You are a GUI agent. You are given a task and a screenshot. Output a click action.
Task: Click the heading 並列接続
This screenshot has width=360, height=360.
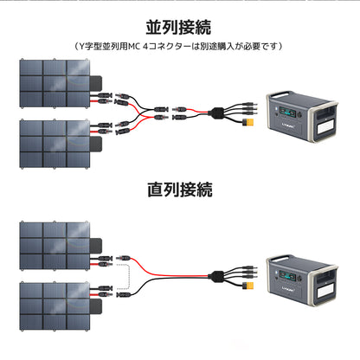tap(180, 27)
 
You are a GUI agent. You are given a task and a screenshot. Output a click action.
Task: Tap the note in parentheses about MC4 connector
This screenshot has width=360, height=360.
tap(180, 45)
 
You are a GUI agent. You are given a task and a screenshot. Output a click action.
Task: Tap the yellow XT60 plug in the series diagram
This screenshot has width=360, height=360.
tap(249, 290)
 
